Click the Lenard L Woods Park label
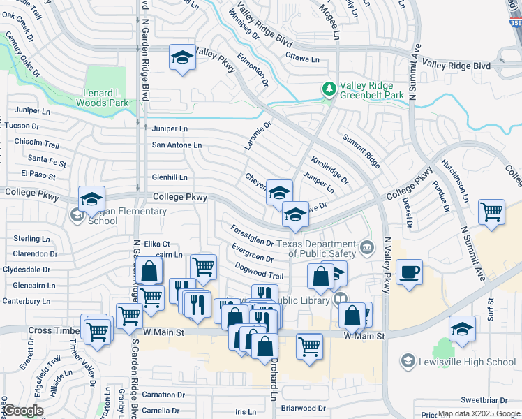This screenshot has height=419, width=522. click(x=105, y=98)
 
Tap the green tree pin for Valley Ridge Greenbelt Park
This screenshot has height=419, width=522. click(x=329, y=89)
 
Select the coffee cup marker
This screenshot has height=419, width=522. click(x=410, y=272)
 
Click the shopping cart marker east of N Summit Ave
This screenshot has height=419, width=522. click(x=492, y=212)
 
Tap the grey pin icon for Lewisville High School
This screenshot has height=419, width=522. click(x=408, y=361)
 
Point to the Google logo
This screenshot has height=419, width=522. click(x=22, y=411)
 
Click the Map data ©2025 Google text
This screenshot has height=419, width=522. click(x=479, y=413)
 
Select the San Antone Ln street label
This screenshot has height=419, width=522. click(x=177, y=145)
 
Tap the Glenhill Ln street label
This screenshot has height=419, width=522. click(x=170, y=177)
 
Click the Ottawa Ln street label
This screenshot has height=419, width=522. click(x=302, y=59)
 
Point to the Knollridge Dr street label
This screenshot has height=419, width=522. click(x=329, y=170)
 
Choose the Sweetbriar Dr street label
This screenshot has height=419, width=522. click(x=483, y=400)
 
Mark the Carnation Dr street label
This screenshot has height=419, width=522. click(x=163, y=395)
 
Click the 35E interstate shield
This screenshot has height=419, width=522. click(x=514, y=23)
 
